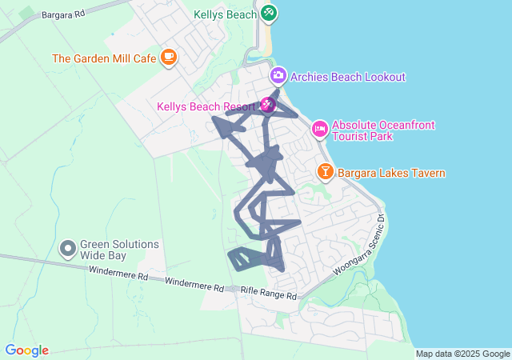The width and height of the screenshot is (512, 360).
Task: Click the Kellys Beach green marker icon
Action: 269,13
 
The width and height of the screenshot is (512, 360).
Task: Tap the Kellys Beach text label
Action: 225,14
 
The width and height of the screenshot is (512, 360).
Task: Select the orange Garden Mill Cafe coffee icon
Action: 168,57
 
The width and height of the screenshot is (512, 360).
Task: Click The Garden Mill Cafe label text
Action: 104,58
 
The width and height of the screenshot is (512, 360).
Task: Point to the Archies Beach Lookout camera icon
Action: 278,76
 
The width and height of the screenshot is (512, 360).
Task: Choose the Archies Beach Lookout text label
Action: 348,77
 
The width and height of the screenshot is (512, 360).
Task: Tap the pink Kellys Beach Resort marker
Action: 268,106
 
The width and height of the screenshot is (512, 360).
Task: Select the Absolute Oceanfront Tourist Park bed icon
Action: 319,128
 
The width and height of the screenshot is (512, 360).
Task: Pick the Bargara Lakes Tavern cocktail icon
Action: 326,171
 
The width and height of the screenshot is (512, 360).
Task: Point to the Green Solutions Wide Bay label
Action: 119,250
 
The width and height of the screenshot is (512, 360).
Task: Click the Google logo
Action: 27,350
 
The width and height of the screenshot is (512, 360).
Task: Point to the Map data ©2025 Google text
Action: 462,354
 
